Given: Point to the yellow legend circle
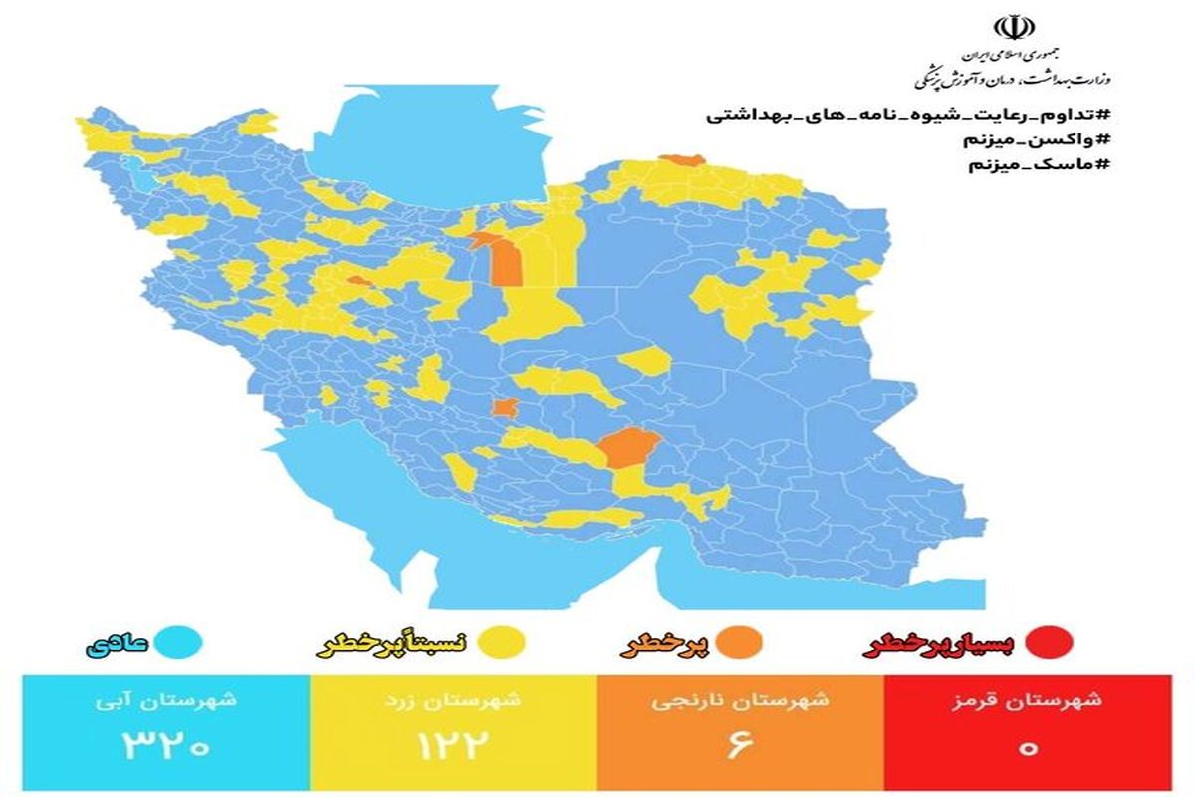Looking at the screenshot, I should click(x=506, y=644).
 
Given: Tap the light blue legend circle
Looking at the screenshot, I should click(x=182, y=644).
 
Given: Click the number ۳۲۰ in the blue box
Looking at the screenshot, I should click(x=166, y=746).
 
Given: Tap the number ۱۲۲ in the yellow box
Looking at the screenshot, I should click(x=453, y=746).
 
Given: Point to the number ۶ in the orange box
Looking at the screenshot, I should click(x=739, y=746).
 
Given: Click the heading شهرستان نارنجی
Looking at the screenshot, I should click(x=740, y=699).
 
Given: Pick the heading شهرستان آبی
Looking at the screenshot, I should click(x=167, y=699).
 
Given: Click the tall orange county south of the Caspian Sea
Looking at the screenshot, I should click(x=507, y=263).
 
